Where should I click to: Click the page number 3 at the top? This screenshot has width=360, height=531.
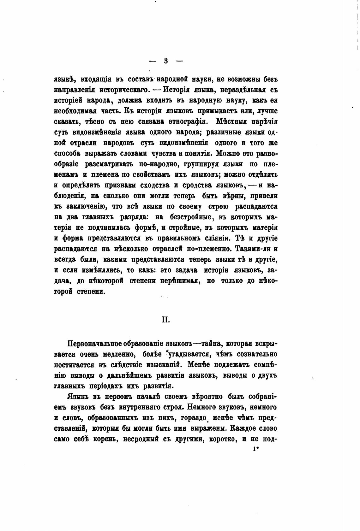click(166, 61)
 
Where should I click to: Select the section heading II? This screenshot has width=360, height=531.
click(166, 320)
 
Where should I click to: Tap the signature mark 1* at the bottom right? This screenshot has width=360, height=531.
click(255, 449)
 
